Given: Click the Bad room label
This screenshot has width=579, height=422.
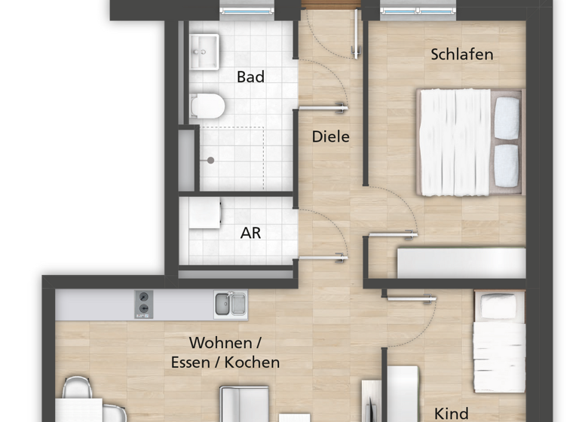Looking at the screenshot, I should point(250,77).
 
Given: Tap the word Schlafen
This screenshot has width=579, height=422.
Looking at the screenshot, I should point(462,54).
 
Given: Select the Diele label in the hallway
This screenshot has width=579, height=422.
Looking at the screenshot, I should point(331,137).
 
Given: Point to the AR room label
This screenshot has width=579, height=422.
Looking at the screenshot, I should point(250,233).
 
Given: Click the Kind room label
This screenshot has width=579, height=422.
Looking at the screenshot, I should point(452,413).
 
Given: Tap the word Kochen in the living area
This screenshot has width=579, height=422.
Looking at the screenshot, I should point(252,362).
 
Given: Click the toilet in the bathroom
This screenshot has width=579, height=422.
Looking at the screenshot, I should point(207,106).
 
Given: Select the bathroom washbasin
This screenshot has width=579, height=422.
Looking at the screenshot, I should point(204,51).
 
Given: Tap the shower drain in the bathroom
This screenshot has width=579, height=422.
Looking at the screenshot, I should point(211,160).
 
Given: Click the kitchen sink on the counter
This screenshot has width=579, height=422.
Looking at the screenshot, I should point(229,304).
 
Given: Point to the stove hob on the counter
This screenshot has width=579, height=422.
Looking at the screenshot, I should point(143,304).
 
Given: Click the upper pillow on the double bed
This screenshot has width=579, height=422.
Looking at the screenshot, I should point(507,118).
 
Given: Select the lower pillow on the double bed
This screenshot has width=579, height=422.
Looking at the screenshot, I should point(507,166).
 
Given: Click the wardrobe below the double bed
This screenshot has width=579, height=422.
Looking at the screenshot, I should point(461,263).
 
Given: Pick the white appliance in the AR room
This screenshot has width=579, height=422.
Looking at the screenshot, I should point(204,213).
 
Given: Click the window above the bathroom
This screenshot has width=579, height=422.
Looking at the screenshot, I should point(247,10).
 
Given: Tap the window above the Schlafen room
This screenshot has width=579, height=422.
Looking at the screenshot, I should point(418,10).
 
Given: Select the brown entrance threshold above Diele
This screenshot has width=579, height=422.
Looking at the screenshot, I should point(330,5).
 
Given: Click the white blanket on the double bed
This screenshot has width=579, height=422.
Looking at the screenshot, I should point(455,142).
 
